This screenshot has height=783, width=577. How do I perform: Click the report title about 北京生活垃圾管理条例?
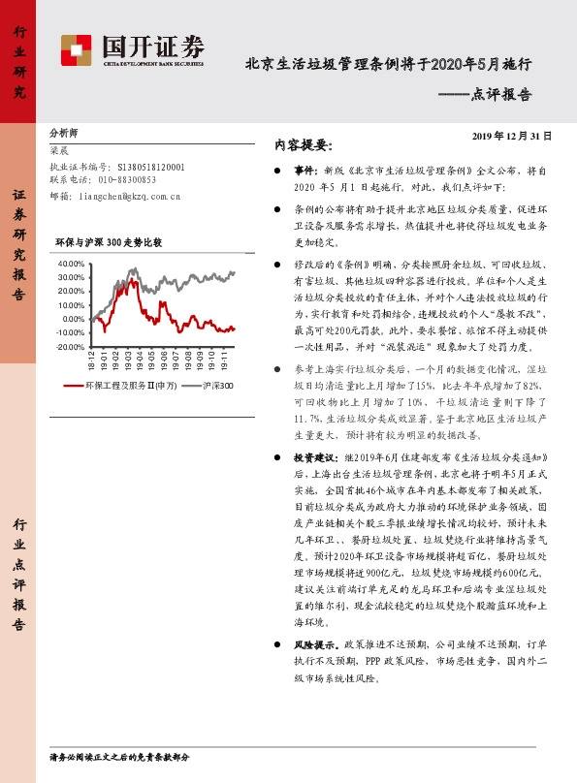point(388,65)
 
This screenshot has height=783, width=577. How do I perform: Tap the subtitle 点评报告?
point(500,94)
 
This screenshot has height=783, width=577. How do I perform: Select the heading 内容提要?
point(304,146)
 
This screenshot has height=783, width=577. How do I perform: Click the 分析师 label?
point(63,133)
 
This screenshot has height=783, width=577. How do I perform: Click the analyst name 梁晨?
point(59,151)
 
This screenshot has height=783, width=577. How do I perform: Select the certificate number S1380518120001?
point(148,166)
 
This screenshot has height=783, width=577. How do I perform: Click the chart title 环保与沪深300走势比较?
point(109,241)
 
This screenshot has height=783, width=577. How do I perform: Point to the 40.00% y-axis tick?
point(72,264)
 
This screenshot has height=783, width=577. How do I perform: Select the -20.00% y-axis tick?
point(71,346)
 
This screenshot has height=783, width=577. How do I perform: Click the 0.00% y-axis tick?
point(74,319)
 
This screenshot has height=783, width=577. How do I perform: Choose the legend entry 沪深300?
point(219,386)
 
